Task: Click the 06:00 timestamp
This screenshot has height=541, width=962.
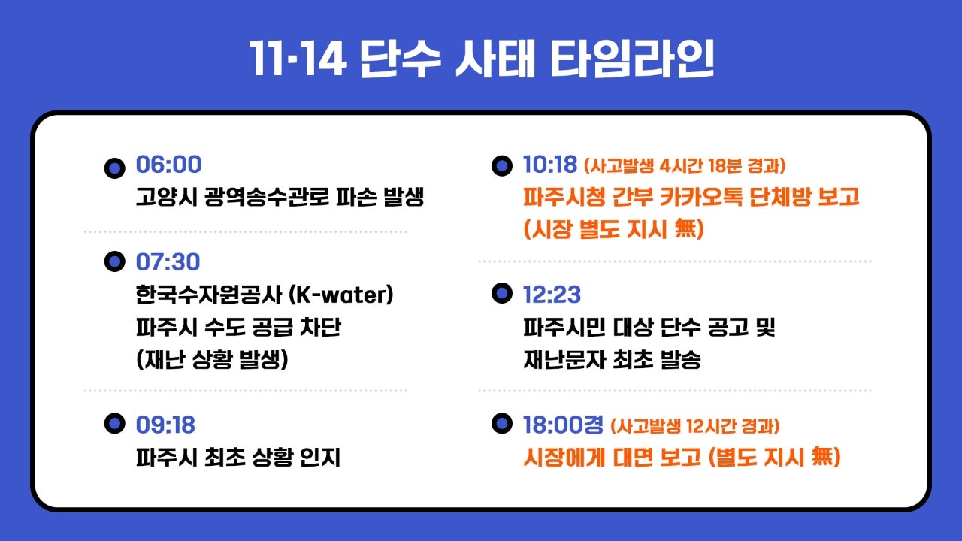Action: tap(168, 165)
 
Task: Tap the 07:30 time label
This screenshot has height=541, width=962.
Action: tap(168, 262)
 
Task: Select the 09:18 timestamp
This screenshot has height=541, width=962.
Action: tap(165, 425)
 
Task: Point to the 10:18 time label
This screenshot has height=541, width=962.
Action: tap(549, 165)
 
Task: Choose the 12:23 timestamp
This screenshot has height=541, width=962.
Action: tap(552, 295)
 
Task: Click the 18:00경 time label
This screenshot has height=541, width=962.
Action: tap(563, 425)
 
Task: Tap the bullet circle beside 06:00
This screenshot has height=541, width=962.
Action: tap(115, 168)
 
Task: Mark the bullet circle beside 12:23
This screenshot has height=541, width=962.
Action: tap(502, 293)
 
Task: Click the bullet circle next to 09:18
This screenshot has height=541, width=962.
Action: tap(115, 423)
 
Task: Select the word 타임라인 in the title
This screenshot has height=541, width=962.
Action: tap(632, 59)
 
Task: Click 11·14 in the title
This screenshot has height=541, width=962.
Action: tap(298, 59)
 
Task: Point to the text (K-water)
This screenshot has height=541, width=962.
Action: tap(341, 295)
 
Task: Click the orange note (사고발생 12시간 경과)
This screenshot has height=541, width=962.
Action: tap(695, 426)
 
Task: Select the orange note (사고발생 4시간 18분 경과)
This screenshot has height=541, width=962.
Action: tap(685, 166)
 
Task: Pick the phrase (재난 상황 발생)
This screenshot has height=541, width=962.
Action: tap(212, 360)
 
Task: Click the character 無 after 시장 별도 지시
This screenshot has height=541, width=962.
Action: tap(685, 229)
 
